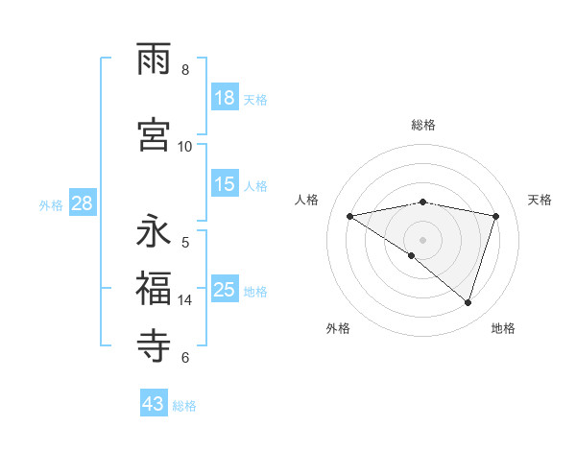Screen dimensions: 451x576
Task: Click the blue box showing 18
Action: [225, 98]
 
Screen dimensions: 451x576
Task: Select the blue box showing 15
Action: [225, 185]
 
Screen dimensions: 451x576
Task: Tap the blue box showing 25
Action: [225, 290]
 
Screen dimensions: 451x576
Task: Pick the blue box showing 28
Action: [82, 203]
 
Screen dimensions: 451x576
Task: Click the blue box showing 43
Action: [154, 404]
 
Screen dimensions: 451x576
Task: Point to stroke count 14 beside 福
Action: [185, 300]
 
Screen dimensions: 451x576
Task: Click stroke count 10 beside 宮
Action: [185, 146]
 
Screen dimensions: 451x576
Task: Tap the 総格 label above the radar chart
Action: [422, 125]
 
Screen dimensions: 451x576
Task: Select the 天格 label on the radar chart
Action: [540, 200]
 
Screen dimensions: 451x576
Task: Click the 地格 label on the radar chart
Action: [503, 328]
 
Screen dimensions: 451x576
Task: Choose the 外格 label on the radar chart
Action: [338, 328]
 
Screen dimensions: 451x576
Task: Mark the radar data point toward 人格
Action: [350, 216]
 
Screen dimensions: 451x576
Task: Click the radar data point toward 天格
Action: [496, 216]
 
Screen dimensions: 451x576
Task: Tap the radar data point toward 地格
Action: [468, 302]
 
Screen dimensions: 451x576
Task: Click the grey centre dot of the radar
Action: [422, 239]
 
